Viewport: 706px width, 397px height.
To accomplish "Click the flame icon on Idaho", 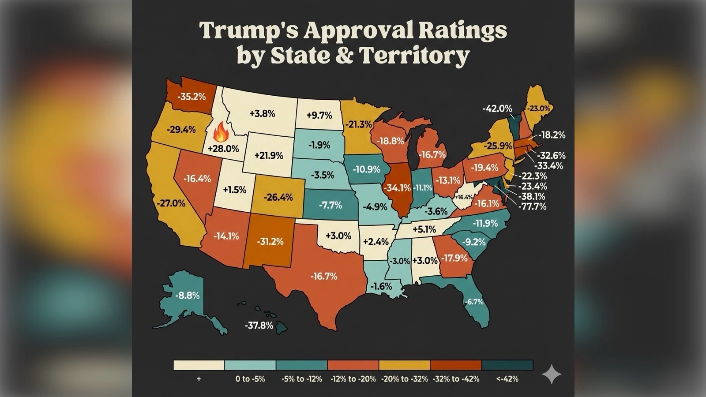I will click(x=220, y=132).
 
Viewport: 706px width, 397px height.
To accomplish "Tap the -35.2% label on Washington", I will click(x=192, y=97).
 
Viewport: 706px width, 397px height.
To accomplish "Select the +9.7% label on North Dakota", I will click(x=319, y=115).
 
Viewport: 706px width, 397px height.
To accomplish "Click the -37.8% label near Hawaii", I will click(x=259, y=326).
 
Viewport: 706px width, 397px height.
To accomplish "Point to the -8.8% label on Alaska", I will click(x=188, y=296).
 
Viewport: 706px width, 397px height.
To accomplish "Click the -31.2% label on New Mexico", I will click(x=270, y=242).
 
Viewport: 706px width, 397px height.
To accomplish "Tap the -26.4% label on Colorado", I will click(x=278, y=197).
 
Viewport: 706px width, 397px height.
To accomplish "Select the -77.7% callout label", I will click(x=532, y=206).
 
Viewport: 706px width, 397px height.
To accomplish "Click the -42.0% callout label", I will click(x=497, y=109).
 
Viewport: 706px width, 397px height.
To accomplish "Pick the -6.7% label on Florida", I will click(x=474, y=302).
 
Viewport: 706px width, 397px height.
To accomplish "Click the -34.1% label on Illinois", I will click(x=397, y=188).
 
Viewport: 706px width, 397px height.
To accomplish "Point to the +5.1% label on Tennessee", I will click(x=424, y=229).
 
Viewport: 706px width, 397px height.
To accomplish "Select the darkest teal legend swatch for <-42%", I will click(x=507, y=365).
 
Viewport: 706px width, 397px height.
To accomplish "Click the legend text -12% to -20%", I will click(x=353, y=379).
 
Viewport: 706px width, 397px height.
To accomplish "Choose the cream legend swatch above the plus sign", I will click(x=199, y=365).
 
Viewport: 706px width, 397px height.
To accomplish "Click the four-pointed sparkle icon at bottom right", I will click(x=551, y=375).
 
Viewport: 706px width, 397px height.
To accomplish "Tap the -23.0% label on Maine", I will click(x=540, y=109).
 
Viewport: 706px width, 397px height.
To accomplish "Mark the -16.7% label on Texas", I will click(x=324, y=277).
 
